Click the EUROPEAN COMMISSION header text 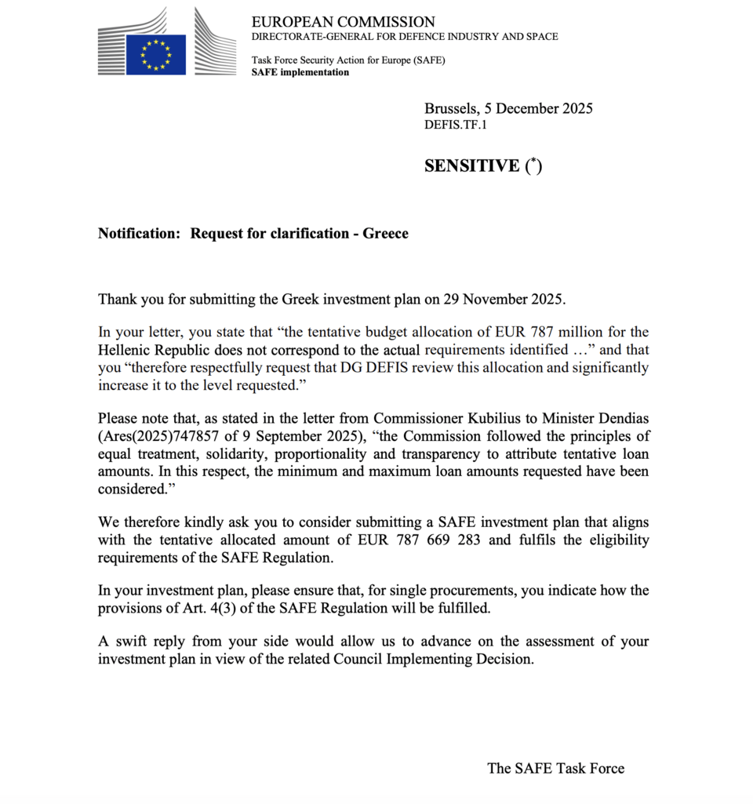343,22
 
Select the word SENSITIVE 471,166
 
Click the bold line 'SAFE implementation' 300,72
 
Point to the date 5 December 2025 541,109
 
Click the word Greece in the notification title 385,234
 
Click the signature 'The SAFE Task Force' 555,769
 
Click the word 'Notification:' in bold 139,234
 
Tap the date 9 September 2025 278,437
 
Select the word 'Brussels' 451,109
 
